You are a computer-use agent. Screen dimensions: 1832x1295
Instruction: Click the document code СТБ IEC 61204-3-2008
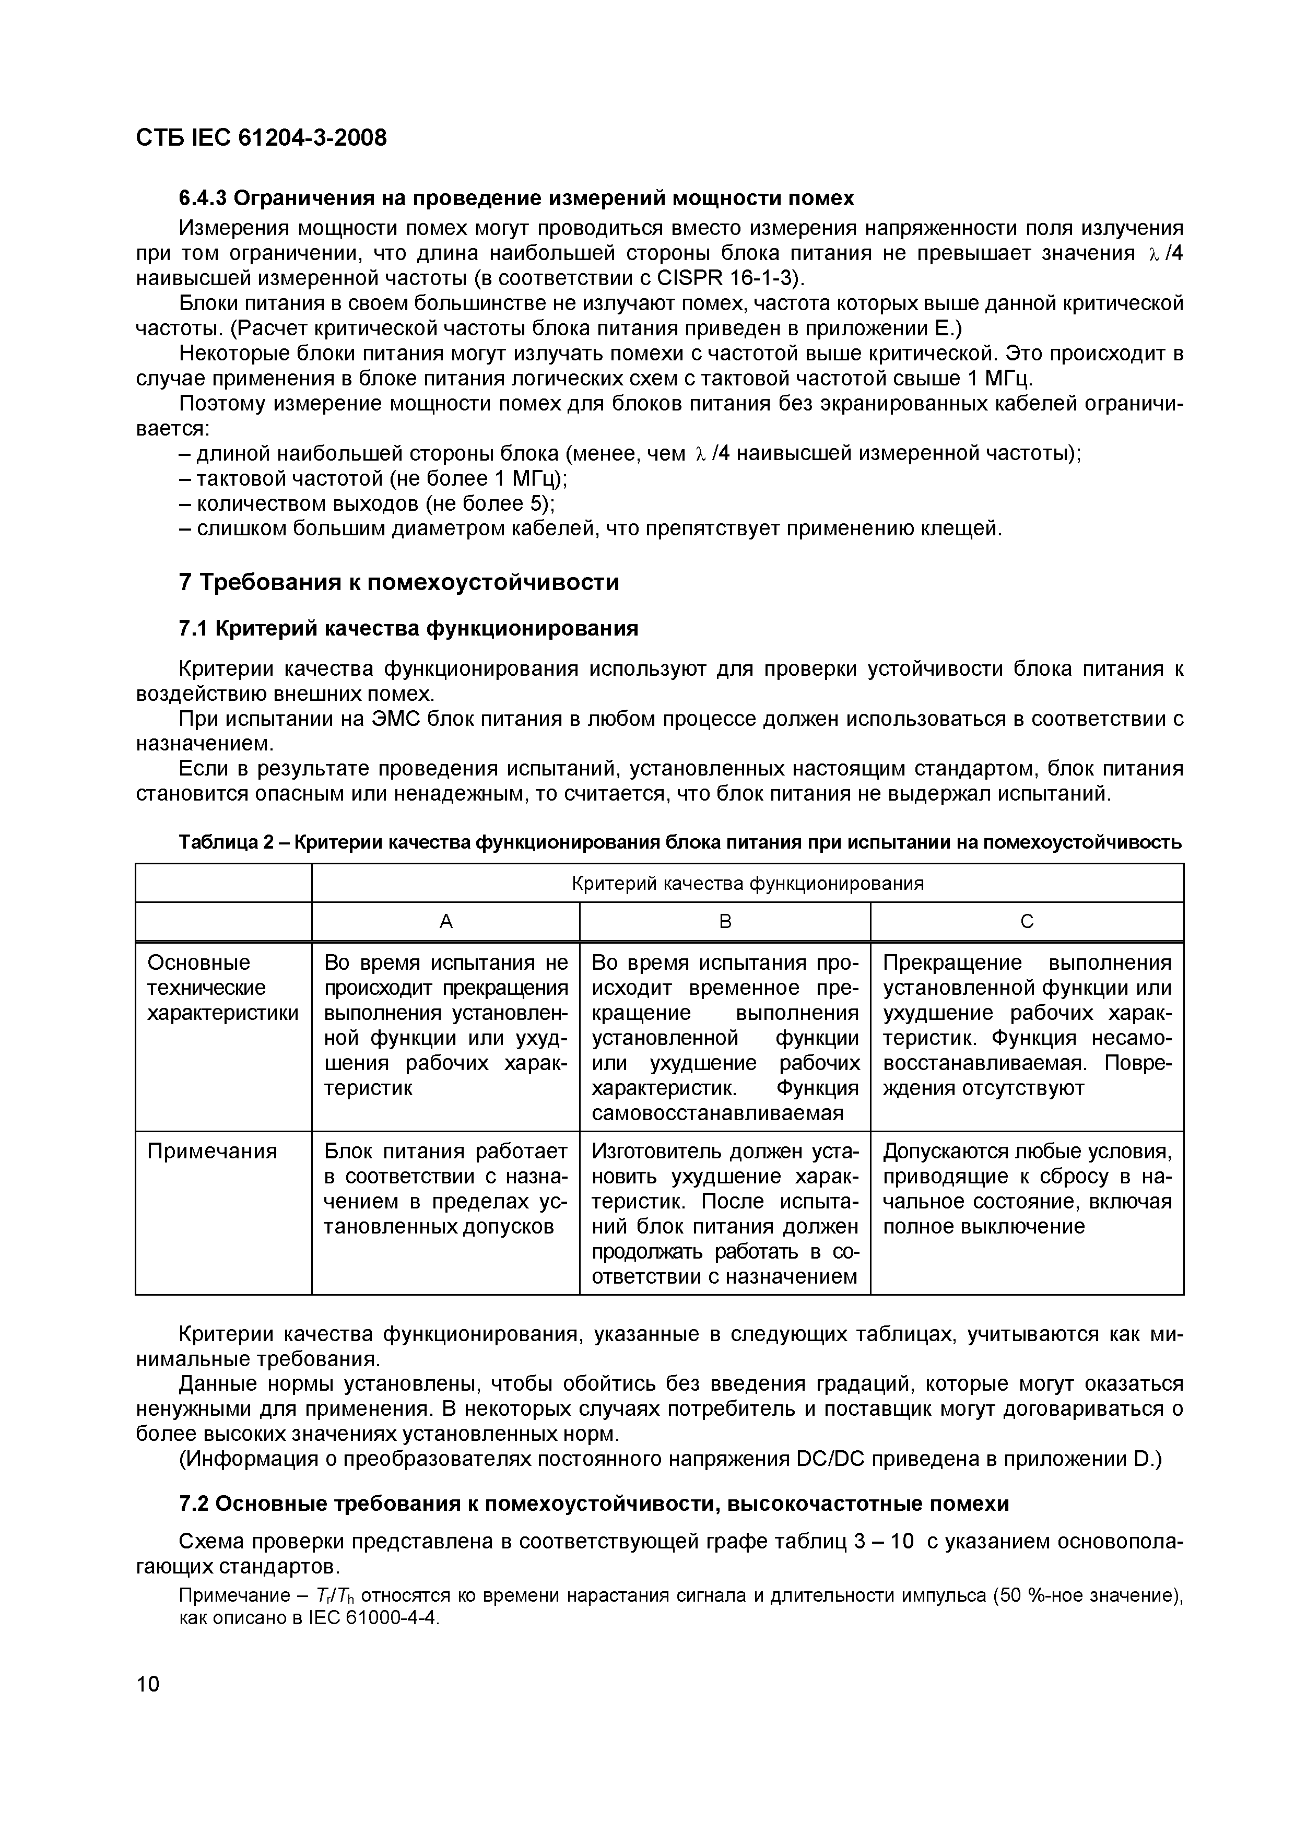coord(261,138)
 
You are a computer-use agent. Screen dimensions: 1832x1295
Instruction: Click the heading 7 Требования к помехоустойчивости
coord(399,582)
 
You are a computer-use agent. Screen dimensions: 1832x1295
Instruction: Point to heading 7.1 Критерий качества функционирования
coord(408,629)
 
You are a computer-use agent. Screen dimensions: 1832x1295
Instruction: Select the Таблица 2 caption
coord(680,842)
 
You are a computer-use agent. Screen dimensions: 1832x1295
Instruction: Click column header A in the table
coord(446,922)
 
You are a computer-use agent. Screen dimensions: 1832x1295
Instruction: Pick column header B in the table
coord(724,922)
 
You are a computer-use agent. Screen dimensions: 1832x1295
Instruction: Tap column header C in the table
coord(1027,922)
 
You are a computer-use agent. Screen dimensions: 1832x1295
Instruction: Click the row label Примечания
coord(212,1152)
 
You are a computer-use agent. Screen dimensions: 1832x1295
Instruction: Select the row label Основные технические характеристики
coord(222,988)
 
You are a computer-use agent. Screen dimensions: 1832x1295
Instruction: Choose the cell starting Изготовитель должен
coord(724,1213)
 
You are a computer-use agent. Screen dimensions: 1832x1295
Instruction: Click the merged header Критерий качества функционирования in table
coord(748,883)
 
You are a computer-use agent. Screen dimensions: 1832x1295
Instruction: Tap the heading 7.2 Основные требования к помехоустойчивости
coord(594,1504)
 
